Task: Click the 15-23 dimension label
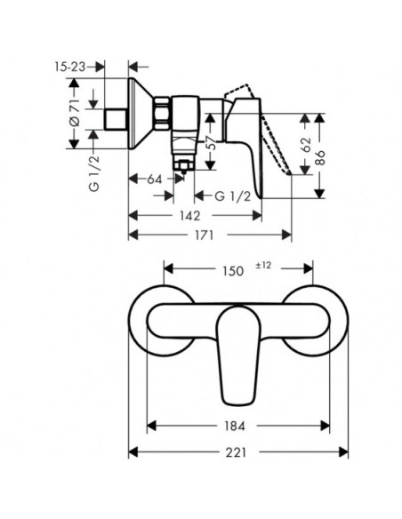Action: coord(70,68)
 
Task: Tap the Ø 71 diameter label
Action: coord(75,112)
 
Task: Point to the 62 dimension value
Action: coord(306,145)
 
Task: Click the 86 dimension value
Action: coord(320,158)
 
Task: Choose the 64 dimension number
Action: coord(155,180)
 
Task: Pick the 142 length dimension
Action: coord(190,216)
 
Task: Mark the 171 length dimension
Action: coord(203,236)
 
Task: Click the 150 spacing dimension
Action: coord(233,271)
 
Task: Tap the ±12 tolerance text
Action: coord(263,265)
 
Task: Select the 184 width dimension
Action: coord(235,426)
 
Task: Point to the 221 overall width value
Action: coord(237,452)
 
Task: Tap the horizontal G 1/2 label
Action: coord(233,196)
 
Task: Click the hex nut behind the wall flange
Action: coord(163,113)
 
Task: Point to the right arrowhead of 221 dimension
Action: coord(343,452)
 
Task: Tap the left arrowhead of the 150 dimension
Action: coord(169,268)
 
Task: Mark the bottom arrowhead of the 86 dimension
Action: coord(319,194)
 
